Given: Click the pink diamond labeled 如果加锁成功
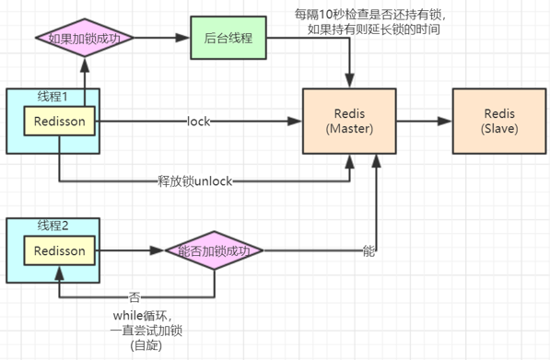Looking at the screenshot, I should click(84, 40).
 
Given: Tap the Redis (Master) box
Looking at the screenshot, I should click(350, 121).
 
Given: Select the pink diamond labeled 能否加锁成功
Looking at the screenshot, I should click(214, 250).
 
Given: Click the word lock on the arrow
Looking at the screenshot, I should click(200, 122).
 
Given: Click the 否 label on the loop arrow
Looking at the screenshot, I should click(135, 298).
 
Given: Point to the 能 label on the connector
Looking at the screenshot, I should click(369, 250).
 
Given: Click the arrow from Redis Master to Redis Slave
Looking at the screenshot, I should click(423, 121).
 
